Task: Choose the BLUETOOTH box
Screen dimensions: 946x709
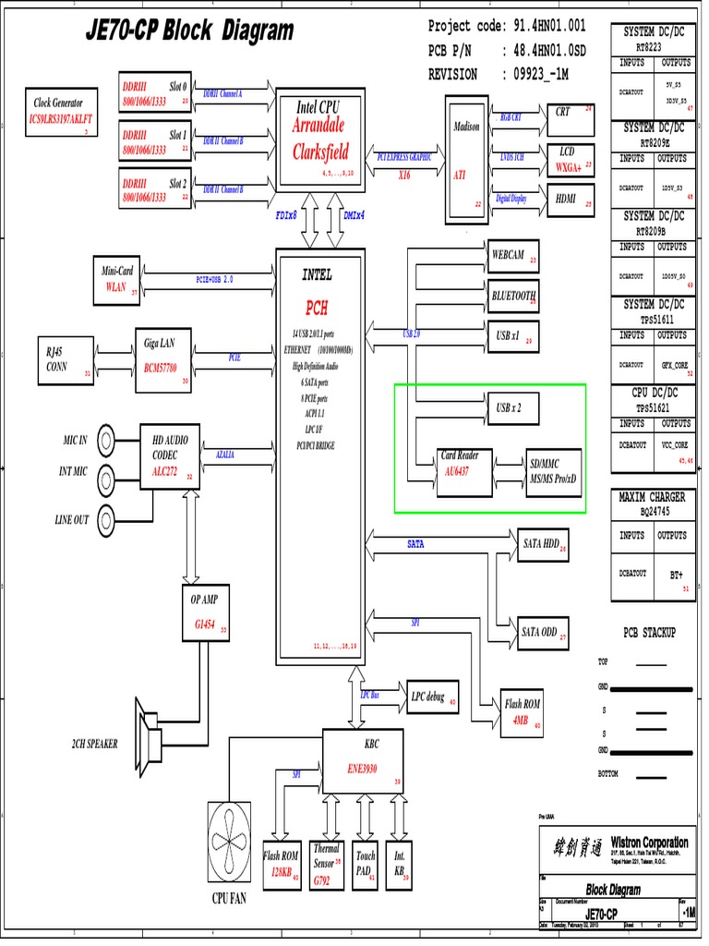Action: pos(513,296)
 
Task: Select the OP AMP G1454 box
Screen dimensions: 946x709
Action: pos(205,612)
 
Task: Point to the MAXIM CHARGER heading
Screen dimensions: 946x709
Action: pos(652,497)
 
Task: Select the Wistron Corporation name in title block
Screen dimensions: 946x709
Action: pos(649,843)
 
